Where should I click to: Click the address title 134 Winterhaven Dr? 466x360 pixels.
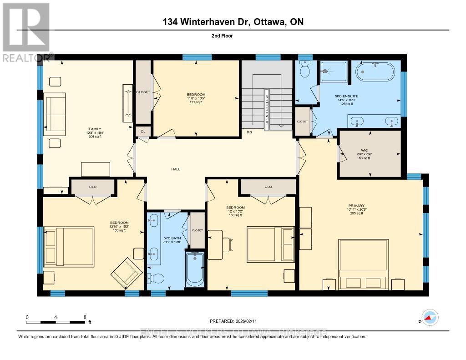click(x=233, y=21)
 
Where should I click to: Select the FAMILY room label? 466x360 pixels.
click(x=95, y=129)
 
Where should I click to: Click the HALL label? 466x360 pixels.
click(x=176, y=169)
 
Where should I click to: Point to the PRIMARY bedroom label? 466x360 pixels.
click(x=356, y=205)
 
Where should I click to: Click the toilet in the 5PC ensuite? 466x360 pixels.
click(x=305, y=69)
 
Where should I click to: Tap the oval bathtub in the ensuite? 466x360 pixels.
click(x=376, y=71)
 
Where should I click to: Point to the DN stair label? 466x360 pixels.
click(x=249, y=132)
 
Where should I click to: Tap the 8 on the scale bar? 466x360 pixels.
click(x=85, y=317)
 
